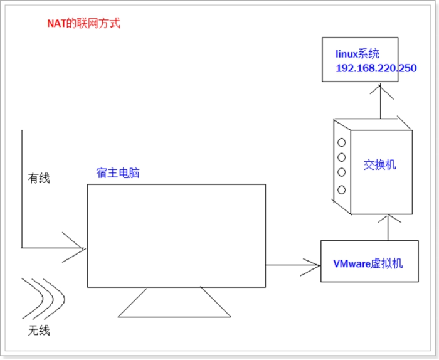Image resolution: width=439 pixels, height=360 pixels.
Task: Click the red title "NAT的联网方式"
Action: (x=83, y=24)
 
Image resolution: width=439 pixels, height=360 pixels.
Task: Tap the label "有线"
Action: (x=39, y=178)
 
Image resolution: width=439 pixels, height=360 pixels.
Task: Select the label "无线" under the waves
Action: (x=38, y=331)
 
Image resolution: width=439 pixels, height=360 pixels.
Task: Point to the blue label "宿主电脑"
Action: (x=118, y=172)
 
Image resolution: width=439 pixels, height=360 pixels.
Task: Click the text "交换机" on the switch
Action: (x=380, y=166)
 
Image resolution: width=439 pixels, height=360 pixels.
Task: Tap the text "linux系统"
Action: (x=357, y=54)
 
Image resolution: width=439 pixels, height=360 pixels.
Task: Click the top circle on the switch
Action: (x=342, y=140)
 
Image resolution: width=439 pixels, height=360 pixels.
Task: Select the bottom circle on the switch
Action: (x=342, y=189)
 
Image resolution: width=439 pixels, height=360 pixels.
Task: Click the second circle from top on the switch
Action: (x=342, y=157)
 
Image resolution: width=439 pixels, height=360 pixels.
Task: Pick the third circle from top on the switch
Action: (x=342, y=173)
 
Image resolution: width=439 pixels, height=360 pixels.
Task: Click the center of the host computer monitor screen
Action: (x=176, y=236)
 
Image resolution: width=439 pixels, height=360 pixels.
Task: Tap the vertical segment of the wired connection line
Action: (x=23, y=188)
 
